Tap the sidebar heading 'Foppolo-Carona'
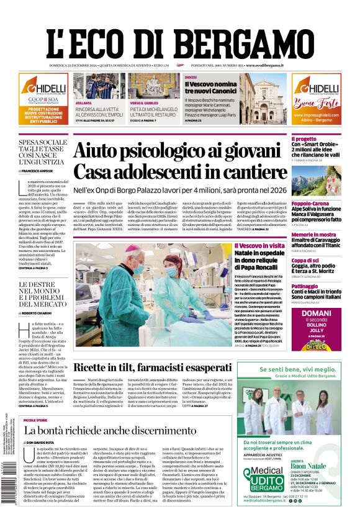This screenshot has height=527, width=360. tap(311, 204)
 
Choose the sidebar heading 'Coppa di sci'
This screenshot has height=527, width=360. tap(305, 261)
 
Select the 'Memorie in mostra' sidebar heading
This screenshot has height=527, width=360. tap(314, 235)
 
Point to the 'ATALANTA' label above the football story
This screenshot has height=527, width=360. tap(83, 103)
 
